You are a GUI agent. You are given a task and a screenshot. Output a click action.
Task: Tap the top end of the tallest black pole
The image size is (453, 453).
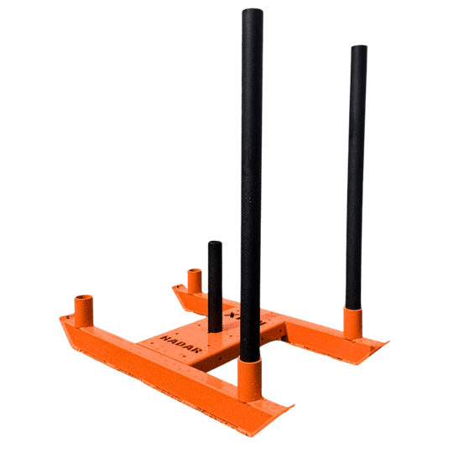(x=252, y=12)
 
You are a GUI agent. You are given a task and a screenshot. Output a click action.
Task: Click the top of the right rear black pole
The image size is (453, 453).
(x=358, y=48)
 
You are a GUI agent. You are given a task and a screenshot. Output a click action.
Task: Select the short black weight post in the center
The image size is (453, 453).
(x=214, y=277)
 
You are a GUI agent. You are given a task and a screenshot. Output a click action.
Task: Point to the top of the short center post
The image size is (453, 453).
(x=214, y=244)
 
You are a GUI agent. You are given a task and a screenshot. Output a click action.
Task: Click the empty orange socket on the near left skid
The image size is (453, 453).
(x=84, y=311)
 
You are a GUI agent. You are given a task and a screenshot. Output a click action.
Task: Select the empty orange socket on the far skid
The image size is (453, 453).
(x=195, y=280)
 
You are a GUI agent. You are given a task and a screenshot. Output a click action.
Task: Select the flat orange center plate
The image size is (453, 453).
(x=201, y=340)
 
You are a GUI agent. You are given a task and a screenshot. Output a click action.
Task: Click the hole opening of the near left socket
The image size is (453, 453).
(x=84, y=298)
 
